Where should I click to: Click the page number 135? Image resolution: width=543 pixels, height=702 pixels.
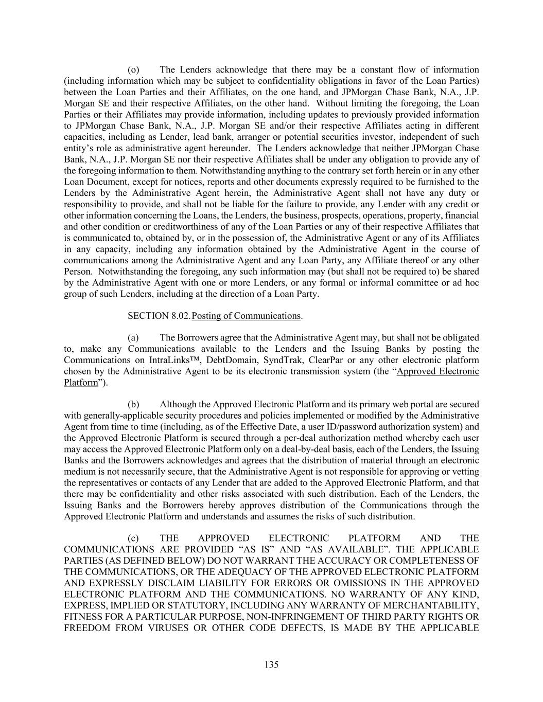coord(271,664)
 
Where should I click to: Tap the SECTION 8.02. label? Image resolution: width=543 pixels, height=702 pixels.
coord(159,316)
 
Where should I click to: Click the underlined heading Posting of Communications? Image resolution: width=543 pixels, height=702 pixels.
coord(246,316)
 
